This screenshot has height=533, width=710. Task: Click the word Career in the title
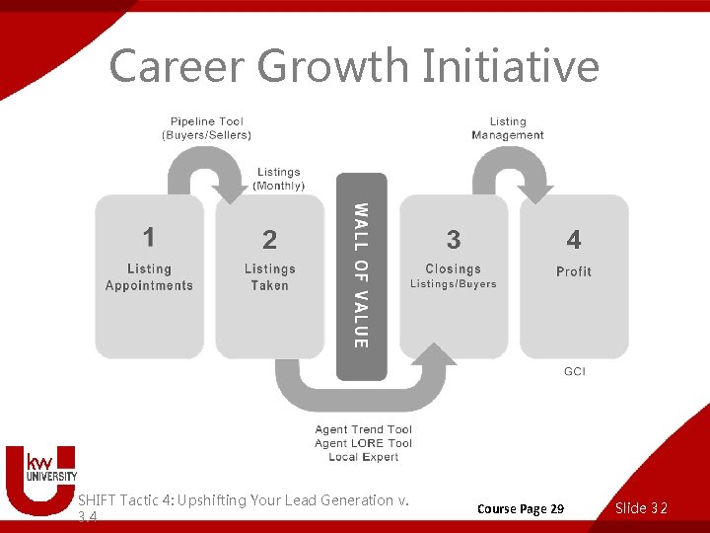point(177,66)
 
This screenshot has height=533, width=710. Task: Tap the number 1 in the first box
point(149,237)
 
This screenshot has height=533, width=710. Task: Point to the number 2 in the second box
point(269,240)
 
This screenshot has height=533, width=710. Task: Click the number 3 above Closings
point(454,240)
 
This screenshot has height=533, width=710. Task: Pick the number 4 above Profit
point(574,240)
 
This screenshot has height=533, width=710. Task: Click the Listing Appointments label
point(150,277)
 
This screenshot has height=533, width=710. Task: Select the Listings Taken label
point(269,277)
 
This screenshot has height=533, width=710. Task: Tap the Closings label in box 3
point(454,268)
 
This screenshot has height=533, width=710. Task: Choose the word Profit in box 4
point(574,271)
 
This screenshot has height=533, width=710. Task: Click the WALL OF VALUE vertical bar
point(362,276)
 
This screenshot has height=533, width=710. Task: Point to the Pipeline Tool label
point(206,128)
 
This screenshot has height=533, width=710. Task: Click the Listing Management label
point(508,128)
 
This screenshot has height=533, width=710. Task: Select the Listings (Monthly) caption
point(279,179)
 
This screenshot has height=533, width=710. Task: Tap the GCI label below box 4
point(574,371)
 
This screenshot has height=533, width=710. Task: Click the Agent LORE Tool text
point(363,443)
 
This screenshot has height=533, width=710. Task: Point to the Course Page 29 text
point(521,508)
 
